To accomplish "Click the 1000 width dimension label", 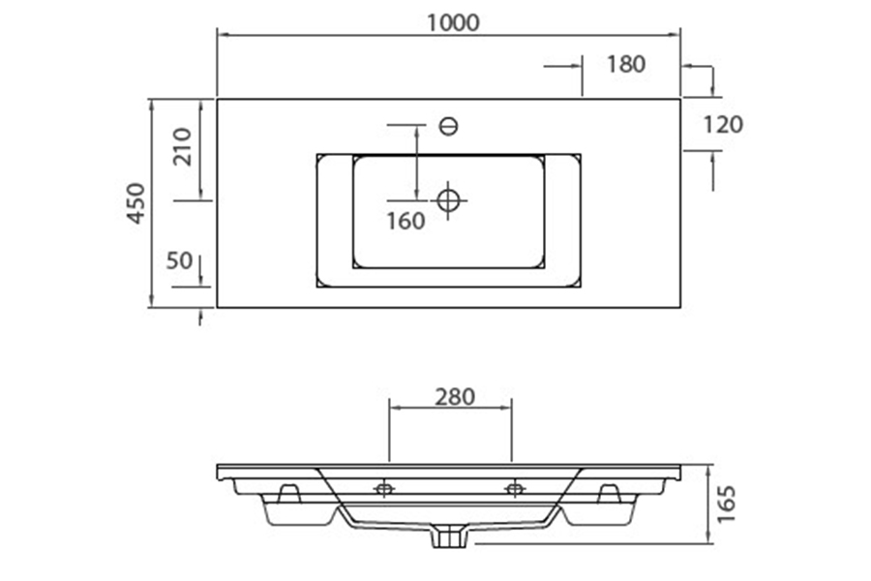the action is (x=453, y=23).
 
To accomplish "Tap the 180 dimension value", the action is (x=625, y=65).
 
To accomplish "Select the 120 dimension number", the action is (x=723, y=125).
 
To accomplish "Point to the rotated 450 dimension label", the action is (x=136, y=203).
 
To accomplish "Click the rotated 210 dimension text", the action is (x=182, y=147).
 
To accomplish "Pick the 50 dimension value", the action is (x=179, y=260).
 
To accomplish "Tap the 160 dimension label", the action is (x=405, y=222).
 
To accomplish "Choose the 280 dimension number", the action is (x=455, y=397).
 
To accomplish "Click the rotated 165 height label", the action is (x=726, y=504).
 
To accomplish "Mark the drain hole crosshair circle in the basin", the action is (x=448, y=200).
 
